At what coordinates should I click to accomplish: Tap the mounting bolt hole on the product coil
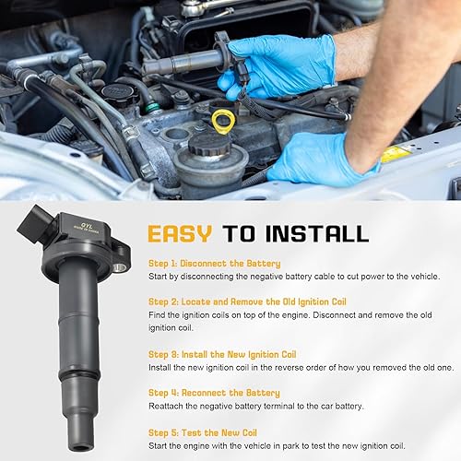(x=119, y=267)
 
